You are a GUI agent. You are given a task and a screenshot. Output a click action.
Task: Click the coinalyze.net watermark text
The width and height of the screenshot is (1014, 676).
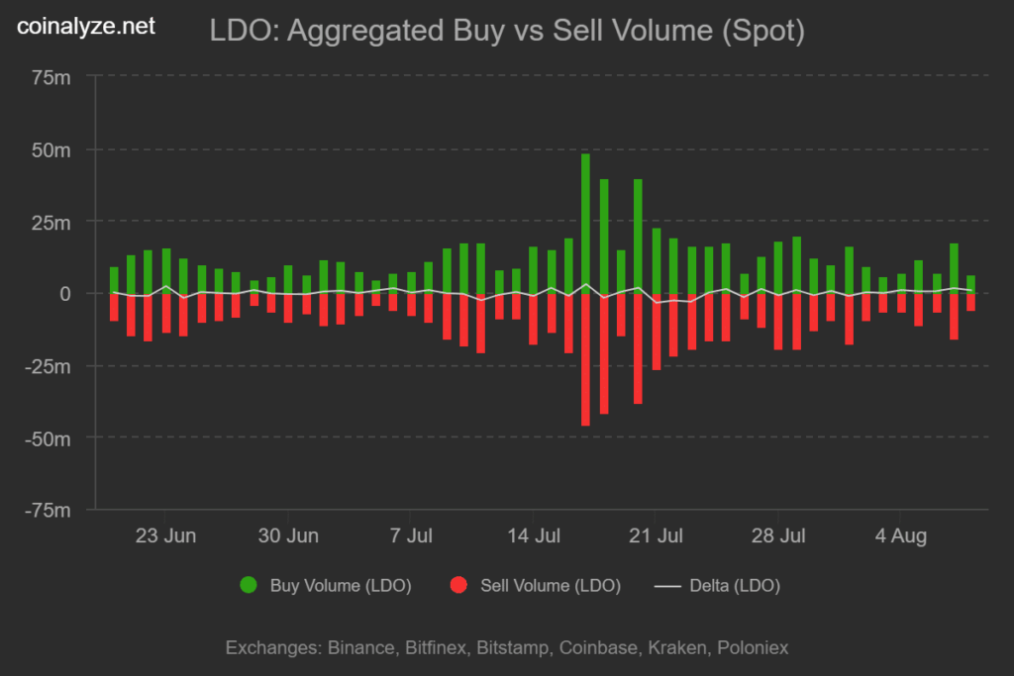tap(87, 28)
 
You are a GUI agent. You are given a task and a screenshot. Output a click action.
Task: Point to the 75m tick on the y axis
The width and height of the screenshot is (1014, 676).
tap(51, 78)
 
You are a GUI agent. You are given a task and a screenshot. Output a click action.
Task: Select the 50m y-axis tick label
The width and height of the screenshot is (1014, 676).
tap(51, 150)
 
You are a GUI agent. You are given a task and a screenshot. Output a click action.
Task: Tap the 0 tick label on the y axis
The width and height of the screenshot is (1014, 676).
tap(66, 294)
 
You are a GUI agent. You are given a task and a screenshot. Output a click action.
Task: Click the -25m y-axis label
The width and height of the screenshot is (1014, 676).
tap(48, 366)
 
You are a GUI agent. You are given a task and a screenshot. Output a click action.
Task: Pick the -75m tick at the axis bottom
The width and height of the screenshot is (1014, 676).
tap(48, 510)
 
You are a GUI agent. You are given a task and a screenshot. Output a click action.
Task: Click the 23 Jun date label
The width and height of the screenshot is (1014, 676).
tap(165, 536)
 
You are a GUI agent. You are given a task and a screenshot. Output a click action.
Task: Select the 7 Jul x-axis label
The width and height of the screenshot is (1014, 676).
tap(411, 536)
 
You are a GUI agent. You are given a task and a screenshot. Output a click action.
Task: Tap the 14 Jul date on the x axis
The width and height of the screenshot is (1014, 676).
tap(534, 536)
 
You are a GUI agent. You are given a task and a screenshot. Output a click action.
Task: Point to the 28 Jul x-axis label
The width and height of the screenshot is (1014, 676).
tap(777, 536)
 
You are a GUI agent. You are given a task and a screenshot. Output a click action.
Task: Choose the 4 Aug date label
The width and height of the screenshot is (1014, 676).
tap(900, 536)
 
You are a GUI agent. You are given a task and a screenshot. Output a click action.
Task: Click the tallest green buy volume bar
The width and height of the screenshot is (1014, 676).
tap(585, 223)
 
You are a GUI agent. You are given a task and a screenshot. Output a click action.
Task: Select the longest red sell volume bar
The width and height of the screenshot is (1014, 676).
tap(585, 360)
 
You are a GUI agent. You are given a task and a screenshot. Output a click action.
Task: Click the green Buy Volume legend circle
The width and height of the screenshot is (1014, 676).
tap(249, 586)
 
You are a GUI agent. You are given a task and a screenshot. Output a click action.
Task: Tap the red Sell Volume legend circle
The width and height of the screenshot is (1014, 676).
tap(458, 586)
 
